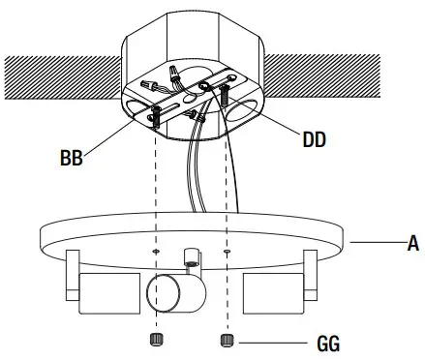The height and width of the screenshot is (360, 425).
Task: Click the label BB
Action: tap(70, 156)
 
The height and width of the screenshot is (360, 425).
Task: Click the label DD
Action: tap(315, 140)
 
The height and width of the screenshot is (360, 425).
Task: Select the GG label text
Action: tap(329, 343)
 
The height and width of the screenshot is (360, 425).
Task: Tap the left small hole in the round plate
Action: tap(156, 253)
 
